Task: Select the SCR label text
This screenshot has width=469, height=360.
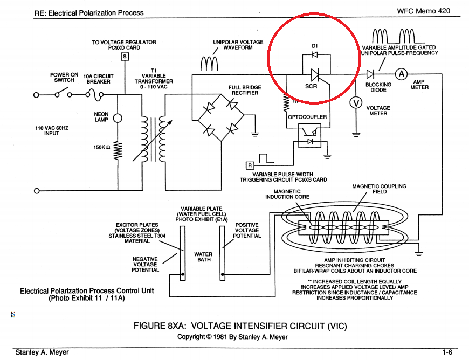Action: pyautogui.click(x=311, y=86)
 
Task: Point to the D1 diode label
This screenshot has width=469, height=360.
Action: pyautogui.click(x=315, y=46)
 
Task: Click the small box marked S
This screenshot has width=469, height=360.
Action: pyautogui.click(x=125, y=56)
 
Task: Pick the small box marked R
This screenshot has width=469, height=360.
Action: pyautogui.click(x=250, y=165)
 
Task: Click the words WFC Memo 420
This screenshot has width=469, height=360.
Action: pyautogui.click(x=423, y=11)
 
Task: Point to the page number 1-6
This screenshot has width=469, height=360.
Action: pyautogui.click(x=447, y=352)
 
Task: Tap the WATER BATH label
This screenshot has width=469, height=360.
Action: pyautogui.click(x=203, y=257)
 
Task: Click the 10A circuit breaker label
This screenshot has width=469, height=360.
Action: pyautogui.click(x=99, y=79)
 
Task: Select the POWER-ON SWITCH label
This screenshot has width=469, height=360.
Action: pyautogui.click(x=64, y=77)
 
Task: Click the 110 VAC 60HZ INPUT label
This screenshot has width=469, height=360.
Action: pyautogui.click(x=51, y=130)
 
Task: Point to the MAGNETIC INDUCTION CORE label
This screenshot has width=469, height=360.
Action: pyautogui.click(x=287, y=194)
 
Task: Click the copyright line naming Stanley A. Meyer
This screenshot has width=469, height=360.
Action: pyautogui.click(x=232, y=337)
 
